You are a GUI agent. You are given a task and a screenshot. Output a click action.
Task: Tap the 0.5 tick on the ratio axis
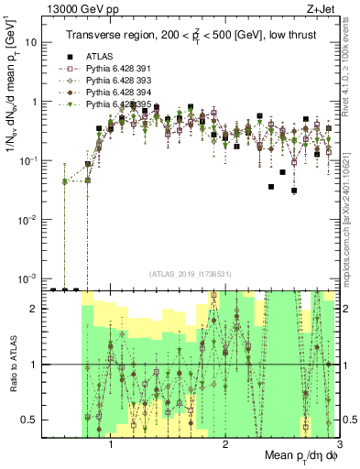coord(29,420)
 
